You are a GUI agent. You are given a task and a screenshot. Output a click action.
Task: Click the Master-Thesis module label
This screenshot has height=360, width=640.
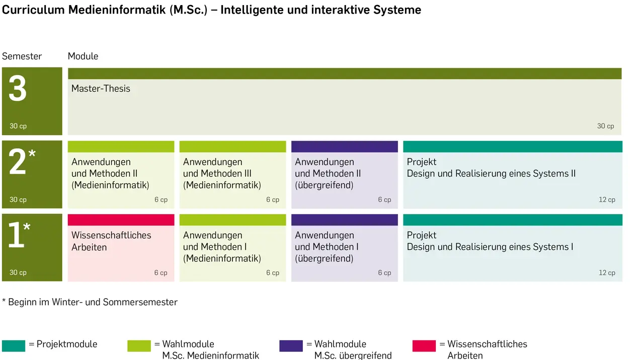(101, 89)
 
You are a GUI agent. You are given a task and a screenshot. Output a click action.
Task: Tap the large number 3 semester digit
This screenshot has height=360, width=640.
(18, 88)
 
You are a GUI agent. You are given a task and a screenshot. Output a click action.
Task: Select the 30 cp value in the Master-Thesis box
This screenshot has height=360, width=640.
(605, 126)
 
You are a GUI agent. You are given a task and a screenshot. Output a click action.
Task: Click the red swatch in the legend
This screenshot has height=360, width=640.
(424, 346)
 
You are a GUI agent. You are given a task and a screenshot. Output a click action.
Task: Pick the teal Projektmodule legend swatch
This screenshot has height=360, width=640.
(14, 346)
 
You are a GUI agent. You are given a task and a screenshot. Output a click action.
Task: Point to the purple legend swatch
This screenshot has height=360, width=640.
(291, 346)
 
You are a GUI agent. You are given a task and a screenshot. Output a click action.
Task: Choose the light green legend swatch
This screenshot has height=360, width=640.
(139, 346)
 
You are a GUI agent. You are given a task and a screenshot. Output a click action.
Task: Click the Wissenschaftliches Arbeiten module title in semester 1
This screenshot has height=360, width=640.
(111, 241)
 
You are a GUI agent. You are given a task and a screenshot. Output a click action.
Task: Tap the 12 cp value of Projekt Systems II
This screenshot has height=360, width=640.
(607, 199)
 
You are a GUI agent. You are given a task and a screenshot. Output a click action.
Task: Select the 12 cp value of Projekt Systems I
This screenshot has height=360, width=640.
(607, 273)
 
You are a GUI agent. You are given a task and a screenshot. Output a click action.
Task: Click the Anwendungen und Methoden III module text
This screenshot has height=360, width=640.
(222, 174)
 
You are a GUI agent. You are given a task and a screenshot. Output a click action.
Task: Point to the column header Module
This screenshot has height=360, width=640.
(83, 56)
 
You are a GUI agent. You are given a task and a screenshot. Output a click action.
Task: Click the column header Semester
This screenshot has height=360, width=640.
(22, 56)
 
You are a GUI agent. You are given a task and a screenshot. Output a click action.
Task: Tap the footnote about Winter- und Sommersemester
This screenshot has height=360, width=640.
(90, 302)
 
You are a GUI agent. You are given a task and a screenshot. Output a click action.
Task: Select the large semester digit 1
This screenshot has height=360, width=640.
(16, 235)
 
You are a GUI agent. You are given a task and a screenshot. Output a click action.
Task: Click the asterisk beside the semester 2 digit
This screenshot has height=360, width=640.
(32, 153)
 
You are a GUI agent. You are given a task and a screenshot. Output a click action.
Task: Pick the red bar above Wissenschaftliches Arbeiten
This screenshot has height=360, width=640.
(121, 220)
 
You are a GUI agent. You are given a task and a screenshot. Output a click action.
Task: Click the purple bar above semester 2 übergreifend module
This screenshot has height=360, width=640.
(345, 147)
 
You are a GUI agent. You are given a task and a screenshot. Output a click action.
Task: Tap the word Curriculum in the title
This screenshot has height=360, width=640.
(33, 10)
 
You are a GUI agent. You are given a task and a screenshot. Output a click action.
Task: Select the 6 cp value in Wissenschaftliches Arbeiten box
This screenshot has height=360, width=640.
(161, 273)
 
